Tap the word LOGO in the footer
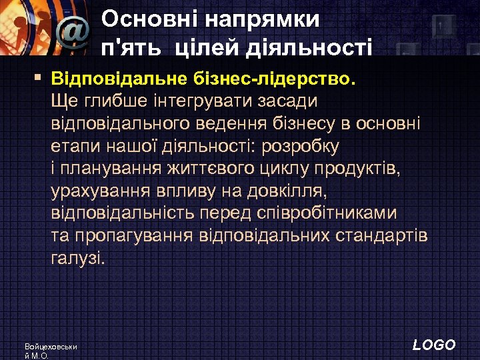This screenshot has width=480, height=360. coord(434,345)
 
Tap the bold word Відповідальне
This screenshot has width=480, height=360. coord(117,81)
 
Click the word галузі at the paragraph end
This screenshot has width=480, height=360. coord(77,259)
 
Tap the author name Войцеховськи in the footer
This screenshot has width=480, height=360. coord(51,347)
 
